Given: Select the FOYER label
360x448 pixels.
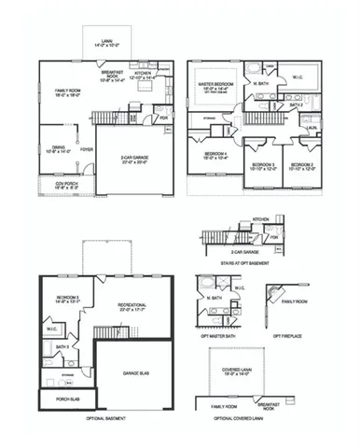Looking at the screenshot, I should tap(87, 147).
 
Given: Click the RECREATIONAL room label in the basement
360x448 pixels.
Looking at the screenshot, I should tap(134, 306).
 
